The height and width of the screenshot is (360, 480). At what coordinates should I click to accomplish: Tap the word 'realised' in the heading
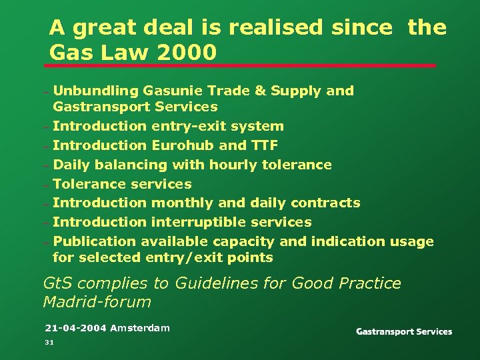[277, 27]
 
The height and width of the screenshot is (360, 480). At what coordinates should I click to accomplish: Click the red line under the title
[240, 65]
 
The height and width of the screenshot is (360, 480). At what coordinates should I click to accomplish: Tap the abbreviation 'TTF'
[264, 145]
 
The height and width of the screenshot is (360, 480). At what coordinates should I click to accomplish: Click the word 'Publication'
[94, 241]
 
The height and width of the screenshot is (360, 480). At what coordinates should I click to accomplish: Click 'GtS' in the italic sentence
[58, 283]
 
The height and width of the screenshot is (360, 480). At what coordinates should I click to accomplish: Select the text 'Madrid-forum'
[97, 302]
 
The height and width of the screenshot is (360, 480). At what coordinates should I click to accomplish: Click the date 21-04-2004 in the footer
[75, 328]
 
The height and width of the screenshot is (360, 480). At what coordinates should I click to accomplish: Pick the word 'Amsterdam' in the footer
[140, 328]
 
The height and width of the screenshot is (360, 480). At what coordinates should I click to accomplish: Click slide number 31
[49, 342]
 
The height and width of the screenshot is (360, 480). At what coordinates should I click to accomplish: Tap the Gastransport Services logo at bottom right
[404, 331]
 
